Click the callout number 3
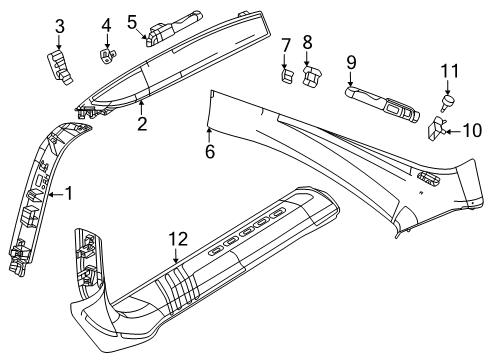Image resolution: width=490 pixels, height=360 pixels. [x=60, y=26]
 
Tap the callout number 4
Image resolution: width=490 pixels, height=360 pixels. [x=106, y=25]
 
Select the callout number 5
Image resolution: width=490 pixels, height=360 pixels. [x=132, y=22]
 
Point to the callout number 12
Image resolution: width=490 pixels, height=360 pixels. [x=178, y=239]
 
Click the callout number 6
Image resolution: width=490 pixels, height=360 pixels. [x=210, y=152]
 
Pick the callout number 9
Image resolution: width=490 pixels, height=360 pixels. [x=351, y=63]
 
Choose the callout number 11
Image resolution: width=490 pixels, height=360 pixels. [x=450, y=71]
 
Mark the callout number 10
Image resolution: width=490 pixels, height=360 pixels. [x=472, y=130]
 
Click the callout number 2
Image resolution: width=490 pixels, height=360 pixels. [x=142, y=124]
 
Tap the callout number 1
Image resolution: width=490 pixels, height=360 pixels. [x=69, y=193]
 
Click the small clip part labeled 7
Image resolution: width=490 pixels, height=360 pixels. [x=287, y=77]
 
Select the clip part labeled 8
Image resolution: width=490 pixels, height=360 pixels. [x=312, y=76]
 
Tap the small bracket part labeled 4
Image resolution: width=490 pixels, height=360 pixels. [x=107, y=56]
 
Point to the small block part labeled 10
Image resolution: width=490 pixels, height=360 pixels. [x=436, y=128]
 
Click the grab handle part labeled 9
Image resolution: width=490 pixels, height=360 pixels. [x=382, y=103]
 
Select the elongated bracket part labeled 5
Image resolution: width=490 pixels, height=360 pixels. [x=173, y=28]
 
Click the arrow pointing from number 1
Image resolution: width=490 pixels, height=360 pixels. [x=56, y=194]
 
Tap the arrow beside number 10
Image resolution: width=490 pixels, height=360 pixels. [x=454, y=132]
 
